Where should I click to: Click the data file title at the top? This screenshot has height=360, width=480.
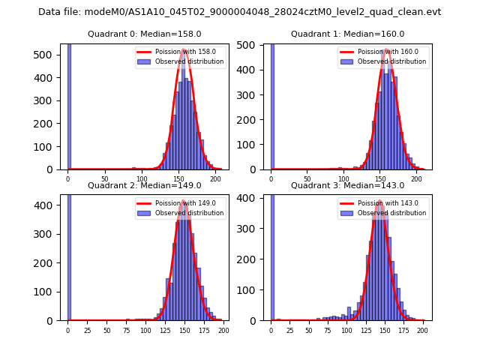pyautogui.click(x=239, y=12)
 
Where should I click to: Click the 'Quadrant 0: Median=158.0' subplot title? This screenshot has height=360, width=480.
pyautogui.click(x=144, y=34)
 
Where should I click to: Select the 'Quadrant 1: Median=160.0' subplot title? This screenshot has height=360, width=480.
pyautogui.click(x=347, y=34)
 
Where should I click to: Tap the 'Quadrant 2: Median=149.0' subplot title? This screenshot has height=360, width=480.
pyautogui.click(x=144, y=185)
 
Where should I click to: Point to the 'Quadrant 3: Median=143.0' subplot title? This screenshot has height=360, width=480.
pyautogui.click(x=347, y=185)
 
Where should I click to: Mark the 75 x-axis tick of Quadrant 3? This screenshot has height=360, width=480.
pyautogui.click(x=328, y=330)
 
